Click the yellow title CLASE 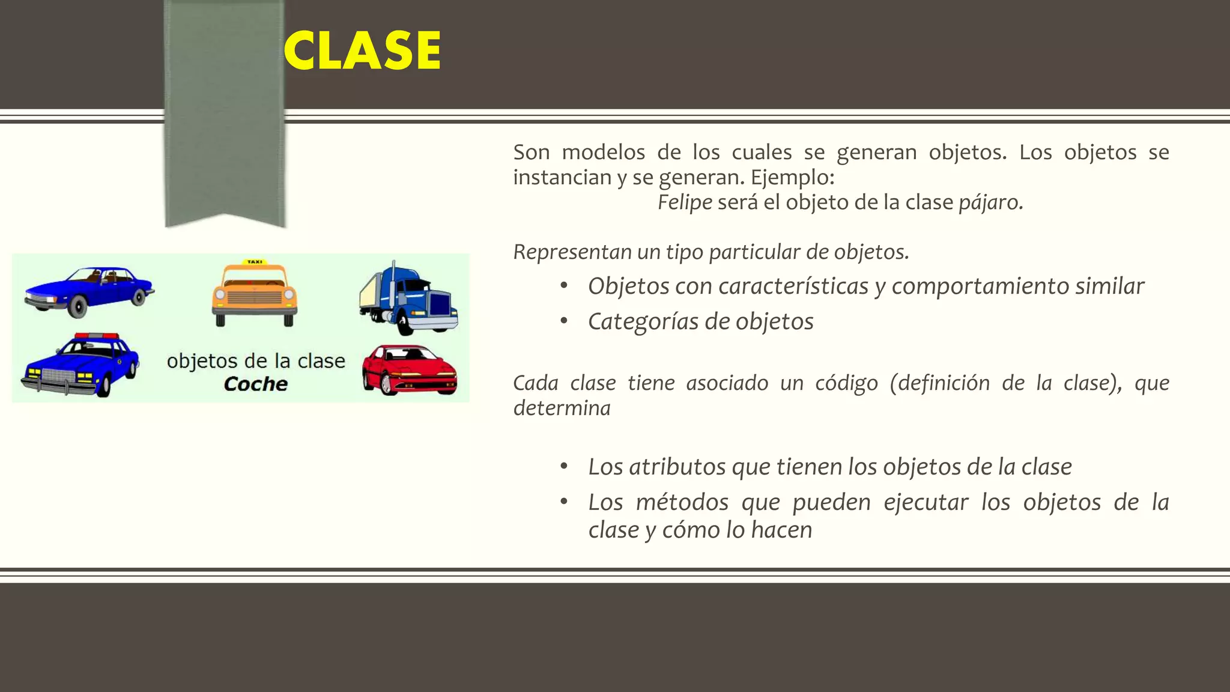point(362,50)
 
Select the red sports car point(410,369)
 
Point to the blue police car point(81,366)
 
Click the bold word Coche point(255,384)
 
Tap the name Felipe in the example point(685,202)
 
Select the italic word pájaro point(990,202)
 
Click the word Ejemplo point(792,177)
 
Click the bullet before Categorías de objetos point(563,321)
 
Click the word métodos point(682,502)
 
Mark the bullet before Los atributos point(563,467)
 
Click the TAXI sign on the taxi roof point(255,262)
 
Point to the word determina point(562,408)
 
